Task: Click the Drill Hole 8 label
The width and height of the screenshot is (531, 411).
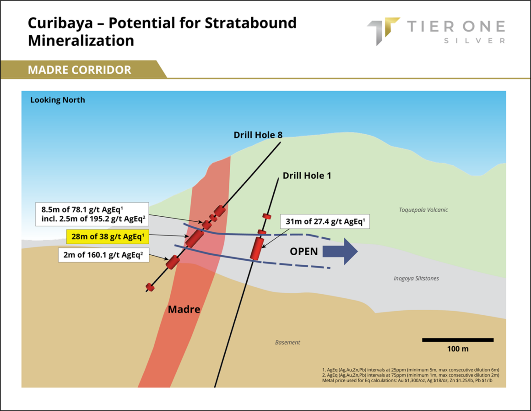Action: pyautogui.click(x=258, y=135)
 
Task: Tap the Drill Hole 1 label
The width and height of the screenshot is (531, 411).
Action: pyautogui.click(x=307, y=175)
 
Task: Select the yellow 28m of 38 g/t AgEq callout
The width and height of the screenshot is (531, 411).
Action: pyautogui.click(x=108, y=237)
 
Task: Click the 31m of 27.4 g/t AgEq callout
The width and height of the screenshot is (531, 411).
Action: pyautogui.click(x=325, y=221)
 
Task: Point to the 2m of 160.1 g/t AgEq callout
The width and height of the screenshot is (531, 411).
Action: pyautogui.click(x=103, y=255)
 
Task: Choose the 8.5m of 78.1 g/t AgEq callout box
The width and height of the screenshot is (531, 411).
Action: pyautogui.click(x=92, y=214)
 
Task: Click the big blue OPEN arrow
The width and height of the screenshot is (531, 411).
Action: pyautogui.click(x=340, y=251)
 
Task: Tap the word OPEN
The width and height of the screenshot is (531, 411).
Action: pyautogui.click(x=304, y=252)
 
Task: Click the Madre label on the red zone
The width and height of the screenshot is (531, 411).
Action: pyautogui.click(x=184, y=309)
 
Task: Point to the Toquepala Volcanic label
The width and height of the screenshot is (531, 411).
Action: pyautogui.click(x=423, y=210)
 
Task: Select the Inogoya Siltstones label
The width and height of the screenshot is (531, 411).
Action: pyautogui.click(x=416, y=279)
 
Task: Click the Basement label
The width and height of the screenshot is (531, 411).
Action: pyautogui.click(x=287, y=343)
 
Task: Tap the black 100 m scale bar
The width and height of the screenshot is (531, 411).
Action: pyautogui.click(x=458, y=340)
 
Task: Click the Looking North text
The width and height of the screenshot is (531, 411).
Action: pyautogui.click(x=58, y=100)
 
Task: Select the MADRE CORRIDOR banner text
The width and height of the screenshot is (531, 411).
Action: pyautogui.click(x=79, y=70)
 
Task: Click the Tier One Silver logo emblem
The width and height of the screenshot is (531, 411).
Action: pyautogui.click(x=383, y=31)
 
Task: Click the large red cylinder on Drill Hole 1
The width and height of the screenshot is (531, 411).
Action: pyautogui.click(x=257, y=249)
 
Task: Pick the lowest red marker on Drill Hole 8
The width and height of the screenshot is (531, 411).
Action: pyautogui.click(x=150, y=287)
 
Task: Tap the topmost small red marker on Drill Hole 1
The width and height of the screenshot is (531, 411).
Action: pyautogui.click(x=267, y=216)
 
